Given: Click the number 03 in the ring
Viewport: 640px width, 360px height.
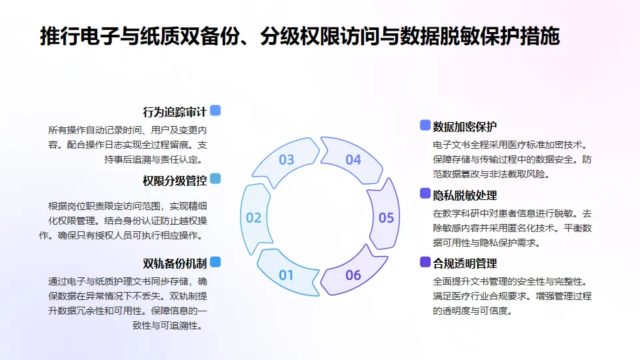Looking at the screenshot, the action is (287, 160).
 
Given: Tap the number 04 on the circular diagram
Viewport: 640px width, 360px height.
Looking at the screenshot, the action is (353, 160).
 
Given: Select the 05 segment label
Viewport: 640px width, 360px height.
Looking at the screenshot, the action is (386, 218).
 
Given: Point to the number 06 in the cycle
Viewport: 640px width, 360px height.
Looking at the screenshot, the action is (353, 275).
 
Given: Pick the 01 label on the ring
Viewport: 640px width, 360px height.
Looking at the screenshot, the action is (287, 275).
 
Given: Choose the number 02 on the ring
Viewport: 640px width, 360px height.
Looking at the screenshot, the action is (254, 218).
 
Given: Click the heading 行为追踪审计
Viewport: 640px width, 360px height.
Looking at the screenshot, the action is (175, 112).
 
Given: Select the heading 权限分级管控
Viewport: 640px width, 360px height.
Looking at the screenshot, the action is (175, 181).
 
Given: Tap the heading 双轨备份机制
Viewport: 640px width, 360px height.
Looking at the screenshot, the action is (175, 263).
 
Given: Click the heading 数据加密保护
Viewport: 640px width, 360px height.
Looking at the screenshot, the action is (465, 127).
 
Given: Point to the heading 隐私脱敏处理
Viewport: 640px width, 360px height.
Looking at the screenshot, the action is (465, 195).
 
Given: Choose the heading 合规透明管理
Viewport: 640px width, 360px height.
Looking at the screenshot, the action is (465, 263).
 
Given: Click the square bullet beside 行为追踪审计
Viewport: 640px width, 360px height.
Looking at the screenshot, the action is (215, 111).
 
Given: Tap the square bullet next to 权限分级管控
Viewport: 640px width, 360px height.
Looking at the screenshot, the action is (215, 179).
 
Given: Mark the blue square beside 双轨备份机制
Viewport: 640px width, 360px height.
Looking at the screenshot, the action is (215, 261).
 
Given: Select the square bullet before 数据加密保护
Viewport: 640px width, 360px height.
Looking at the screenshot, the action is (425, 125).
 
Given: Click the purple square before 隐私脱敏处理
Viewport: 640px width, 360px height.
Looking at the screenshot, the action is (425, 193).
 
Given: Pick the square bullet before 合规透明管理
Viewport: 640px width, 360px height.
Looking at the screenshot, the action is (425, 262).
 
